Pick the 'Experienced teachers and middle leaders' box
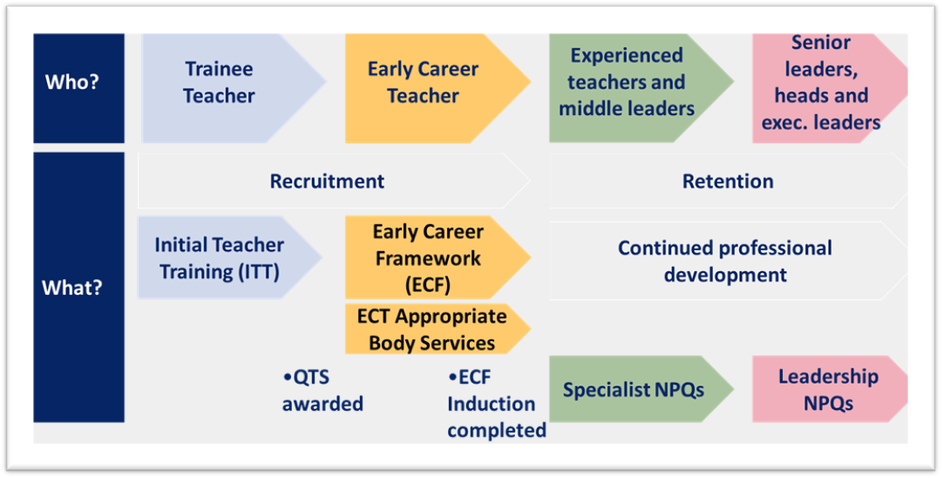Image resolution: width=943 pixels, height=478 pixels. click(641, 88)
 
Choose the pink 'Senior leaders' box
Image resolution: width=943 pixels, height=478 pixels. click(830, 88)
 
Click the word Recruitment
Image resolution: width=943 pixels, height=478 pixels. click(327, 181)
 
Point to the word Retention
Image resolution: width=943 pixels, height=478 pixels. click(728, 181)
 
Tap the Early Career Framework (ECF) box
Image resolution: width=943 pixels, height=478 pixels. click(438, 257)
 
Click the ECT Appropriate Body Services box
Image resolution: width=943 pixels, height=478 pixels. click(438, 329)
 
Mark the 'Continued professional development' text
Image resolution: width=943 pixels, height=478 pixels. click(725, 262)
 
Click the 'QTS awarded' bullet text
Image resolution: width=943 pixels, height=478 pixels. click(323, 390)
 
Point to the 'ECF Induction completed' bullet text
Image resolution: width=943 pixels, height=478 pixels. click(497, 403)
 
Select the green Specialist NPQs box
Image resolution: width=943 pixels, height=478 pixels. click(641, 389)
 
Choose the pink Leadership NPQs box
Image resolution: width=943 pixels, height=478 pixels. click(830, 389)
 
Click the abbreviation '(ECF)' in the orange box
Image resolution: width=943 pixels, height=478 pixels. click(428, 284)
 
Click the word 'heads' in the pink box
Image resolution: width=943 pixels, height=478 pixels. click(822, 95)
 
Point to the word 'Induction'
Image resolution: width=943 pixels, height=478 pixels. click(492, 404)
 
